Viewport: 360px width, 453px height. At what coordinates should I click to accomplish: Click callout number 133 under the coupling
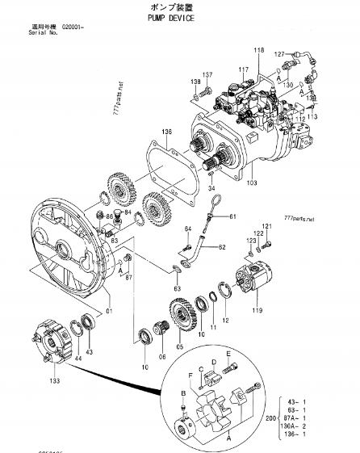coord(56,379)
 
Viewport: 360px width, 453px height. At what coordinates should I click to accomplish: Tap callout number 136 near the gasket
coord(165,132)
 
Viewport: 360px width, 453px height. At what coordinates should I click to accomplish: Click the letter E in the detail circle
coord(228,354)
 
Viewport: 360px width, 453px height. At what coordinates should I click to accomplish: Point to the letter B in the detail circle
coord(183,392)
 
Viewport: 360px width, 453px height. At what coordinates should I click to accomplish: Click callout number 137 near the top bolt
coord(207,74)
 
